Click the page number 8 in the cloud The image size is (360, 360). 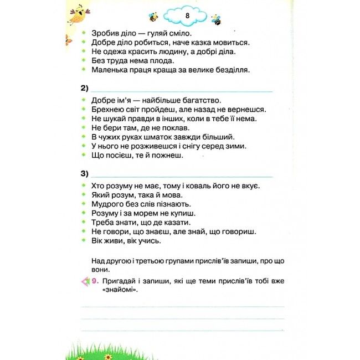188,16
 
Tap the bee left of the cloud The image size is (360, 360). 152,17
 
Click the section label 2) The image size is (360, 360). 85,89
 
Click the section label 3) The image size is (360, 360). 85,174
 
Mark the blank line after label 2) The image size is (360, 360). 182,90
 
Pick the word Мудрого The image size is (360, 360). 109,204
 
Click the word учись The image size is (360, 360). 148,240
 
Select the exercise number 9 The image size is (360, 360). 95,281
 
